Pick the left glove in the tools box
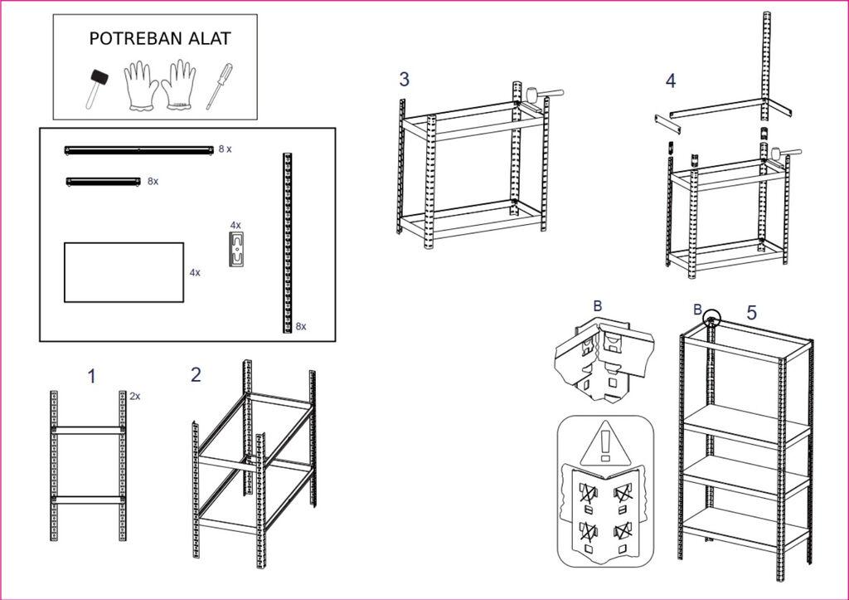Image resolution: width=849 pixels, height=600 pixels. pos(141,85)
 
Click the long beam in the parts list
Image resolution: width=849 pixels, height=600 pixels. pos(138,149)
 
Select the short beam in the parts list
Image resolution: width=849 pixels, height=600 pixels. pos(103,180)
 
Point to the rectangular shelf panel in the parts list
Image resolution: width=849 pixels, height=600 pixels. pos(124,272)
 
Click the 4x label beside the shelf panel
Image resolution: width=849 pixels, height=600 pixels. pos(195,272)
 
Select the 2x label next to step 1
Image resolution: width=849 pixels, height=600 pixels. pos(135,397)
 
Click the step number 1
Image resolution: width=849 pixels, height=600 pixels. pos(92,376)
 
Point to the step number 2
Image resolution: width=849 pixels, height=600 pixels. pos(196,374)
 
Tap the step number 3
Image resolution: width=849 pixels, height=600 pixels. pos(404,79)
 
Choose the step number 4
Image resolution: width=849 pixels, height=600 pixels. pos(670,80)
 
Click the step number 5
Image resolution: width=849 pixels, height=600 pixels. pos(751,313)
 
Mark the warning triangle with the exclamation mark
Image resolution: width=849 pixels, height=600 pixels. pos(605,445)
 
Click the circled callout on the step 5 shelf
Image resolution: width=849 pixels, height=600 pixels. pos(711,320)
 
